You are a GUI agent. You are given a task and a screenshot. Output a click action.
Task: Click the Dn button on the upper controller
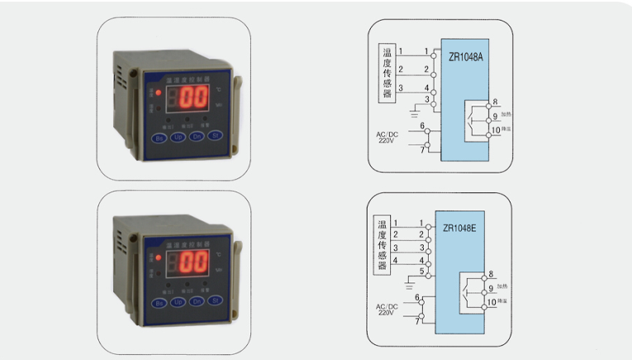point(197,136)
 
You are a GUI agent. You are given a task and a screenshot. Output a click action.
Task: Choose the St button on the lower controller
point(215,302)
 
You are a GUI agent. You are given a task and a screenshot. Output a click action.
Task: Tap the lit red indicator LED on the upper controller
point(159,93)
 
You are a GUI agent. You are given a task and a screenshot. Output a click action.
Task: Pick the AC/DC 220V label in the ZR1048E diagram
point(386,310)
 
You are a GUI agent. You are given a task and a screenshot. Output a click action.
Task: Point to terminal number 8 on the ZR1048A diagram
point(495,102)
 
